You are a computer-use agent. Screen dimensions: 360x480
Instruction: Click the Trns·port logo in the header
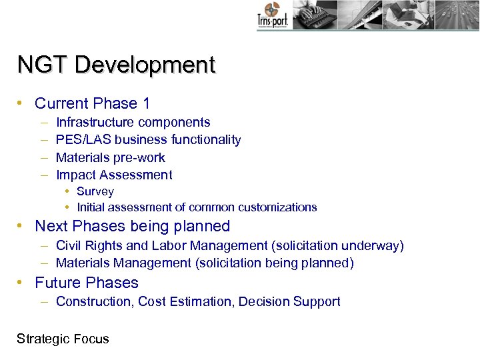coord(271,16)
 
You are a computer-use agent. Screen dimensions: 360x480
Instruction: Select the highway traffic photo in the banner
coord(456,15)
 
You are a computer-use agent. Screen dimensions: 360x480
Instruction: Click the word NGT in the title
coord(43,65)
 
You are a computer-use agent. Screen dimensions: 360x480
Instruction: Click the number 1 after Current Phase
coord(145,103)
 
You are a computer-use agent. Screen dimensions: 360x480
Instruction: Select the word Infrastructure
coord(95,123)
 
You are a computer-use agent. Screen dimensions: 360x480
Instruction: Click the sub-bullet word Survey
coord(95,192)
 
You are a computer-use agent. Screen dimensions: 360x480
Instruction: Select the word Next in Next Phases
coord(51,226)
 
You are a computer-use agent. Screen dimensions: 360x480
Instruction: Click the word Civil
coord(69,246)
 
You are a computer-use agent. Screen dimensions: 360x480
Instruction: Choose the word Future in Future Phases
coord(59,283)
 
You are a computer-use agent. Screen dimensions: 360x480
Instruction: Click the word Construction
coord(95,302)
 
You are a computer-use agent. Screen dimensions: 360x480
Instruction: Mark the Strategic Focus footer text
coord(63,339)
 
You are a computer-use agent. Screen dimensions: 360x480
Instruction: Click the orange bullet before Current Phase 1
coord(21,103)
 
